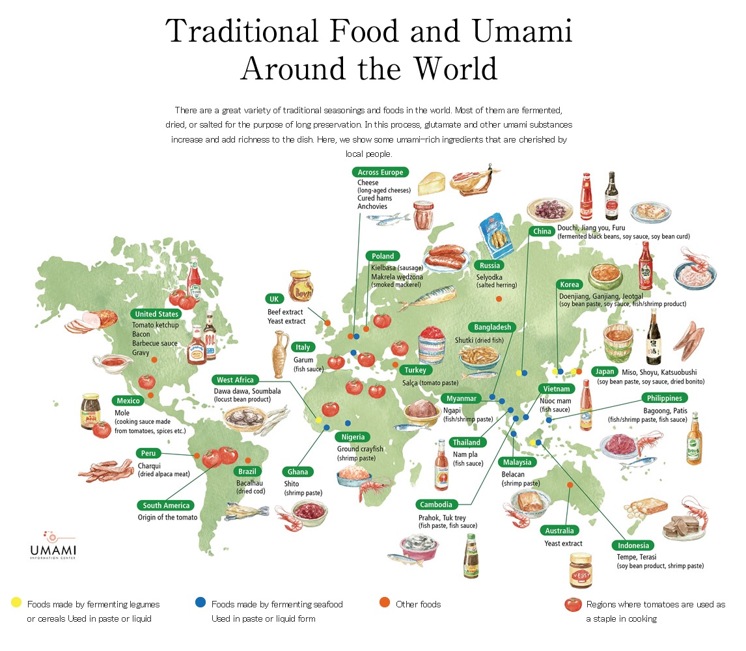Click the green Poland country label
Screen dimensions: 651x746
[x=383, y=256]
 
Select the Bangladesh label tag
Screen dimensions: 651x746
[x=492, y=327]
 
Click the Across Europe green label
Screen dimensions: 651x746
[x=380, y=173]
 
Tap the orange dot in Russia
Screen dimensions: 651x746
[x=499, y=299]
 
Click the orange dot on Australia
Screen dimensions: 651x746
[x=570, y=485]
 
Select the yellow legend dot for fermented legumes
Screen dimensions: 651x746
[x=16, y=603]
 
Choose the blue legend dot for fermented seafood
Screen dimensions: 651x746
[x=200, y=603]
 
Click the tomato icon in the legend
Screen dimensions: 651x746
[x=573, y=604]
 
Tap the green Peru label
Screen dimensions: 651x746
[x=146, y=453]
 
